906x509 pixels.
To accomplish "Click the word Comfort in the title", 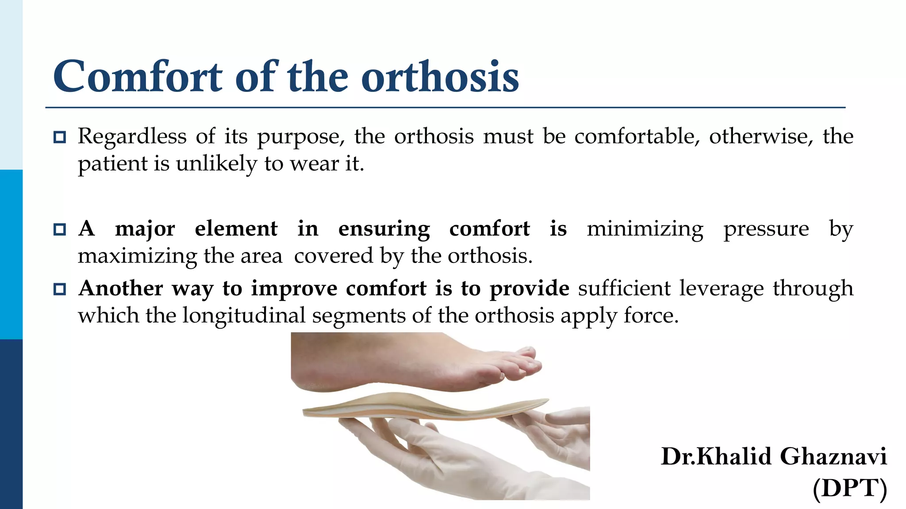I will tap(137, 77).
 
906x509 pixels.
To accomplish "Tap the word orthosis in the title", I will tap(440, 77).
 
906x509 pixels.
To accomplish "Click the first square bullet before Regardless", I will tap(59, 137).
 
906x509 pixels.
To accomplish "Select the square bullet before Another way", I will tap(59, 289).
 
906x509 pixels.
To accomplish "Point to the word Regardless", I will tap(132, 136).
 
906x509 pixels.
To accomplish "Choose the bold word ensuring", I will tap(384, 229).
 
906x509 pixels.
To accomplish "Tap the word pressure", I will tap(766, 229).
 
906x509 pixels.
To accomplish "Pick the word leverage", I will tap(721, 289).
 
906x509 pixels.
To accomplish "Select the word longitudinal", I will tap(244, 315).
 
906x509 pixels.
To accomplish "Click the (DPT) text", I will tap(849, 488).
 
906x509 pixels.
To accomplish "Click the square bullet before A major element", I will tap(59, 230).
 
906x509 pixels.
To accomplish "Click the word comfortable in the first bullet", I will tap(637, 136).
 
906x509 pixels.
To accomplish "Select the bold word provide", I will tap(529, 289).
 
